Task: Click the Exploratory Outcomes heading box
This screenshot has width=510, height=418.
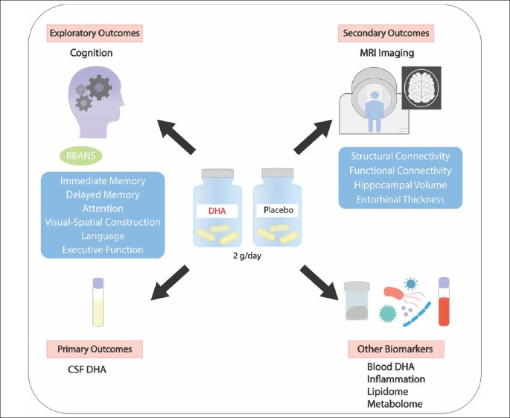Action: tap(95, 34)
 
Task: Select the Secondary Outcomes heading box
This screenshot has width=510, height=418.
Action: tap(386, 34)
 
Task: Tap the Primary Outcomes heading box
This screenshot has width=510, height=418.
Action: tap(95, 349)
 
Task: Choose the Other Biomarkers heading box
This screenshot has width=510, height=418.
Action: tap(395, 349)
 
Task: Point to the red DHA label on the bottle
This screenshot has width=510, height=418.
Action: tap(217, 212)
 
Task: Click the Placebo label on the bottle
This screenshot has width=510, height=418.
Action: tap(277, 211)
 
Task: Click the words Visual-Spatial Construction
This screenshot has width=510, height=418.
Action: tap(102, 221)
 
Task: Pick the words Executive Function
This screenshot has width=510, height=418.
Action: tap(102, 250)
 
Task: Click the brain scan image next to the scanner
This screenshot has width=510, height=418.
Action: tap(421, 87)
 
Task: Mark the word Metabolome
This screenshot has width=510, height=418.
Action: tap(395, 403)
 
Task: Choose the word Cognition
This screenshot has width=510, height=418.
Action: tap(95, 53)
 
